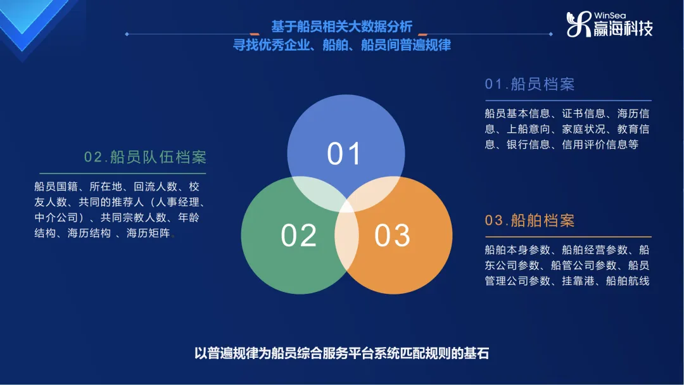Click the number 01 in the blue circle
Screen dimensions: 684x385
(x=344, y=153)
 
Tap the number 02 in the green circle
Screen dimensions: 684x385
(x=298, y=236)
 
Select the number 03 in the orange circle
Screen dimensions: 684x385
(x=392, y=236)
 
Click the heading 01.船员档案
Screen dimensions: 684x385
(x=529, y=84)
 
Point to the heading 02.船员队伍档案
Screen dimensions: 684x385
(x=145, y=157)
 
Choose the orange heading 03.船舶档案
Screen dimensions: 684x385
(x=529, y=220)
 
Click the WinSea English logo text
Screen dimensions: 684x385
(x=610, y=16)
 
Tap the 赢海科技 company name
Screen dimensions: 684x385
(x=623, y=28)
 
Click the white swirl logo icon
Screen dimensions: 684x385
(x=579, y=25)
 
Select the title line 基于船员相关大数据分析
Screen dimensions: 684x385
(x=341, y=27)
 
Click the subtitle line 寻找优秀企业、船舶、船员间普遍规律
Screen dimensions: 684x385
(x=341, y=45)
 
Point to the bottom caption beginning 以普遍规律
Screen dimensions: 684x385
(x=341, y=353)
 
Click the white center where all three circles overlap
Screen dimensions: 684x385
(x=347, y=206)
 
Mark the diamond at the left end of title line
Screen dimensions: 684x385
(x=127, y=34)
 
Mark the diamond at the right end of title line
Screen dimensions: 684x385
(x=551, y=34)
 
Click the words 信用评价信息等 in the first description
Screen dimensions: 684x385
(x=600, y=144)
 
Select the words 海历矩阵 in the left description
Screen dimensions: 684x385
(x=148, y=233)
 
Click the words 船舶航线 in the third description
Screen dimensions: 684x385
(x=628, y=281)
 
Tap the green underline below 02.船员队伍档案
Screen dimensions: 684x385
(x=123, y=174)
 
